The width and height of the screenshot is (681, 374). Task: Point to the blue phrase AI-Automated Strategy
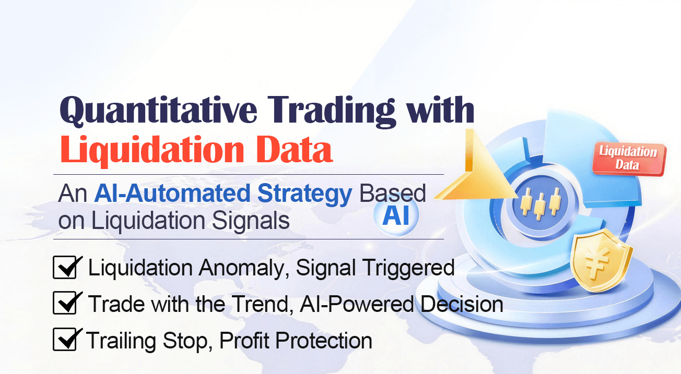(223, 194)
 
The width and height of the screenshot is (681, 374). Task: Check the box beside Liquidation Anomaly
(66, 268)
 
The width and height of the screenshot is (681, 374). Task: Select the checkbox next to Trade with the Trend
(66, 304)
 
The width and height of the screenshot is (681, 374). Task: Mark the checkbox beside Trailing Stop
(66, 340)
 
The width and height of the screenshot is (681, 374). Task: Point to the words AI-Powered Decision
(402, 304)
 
